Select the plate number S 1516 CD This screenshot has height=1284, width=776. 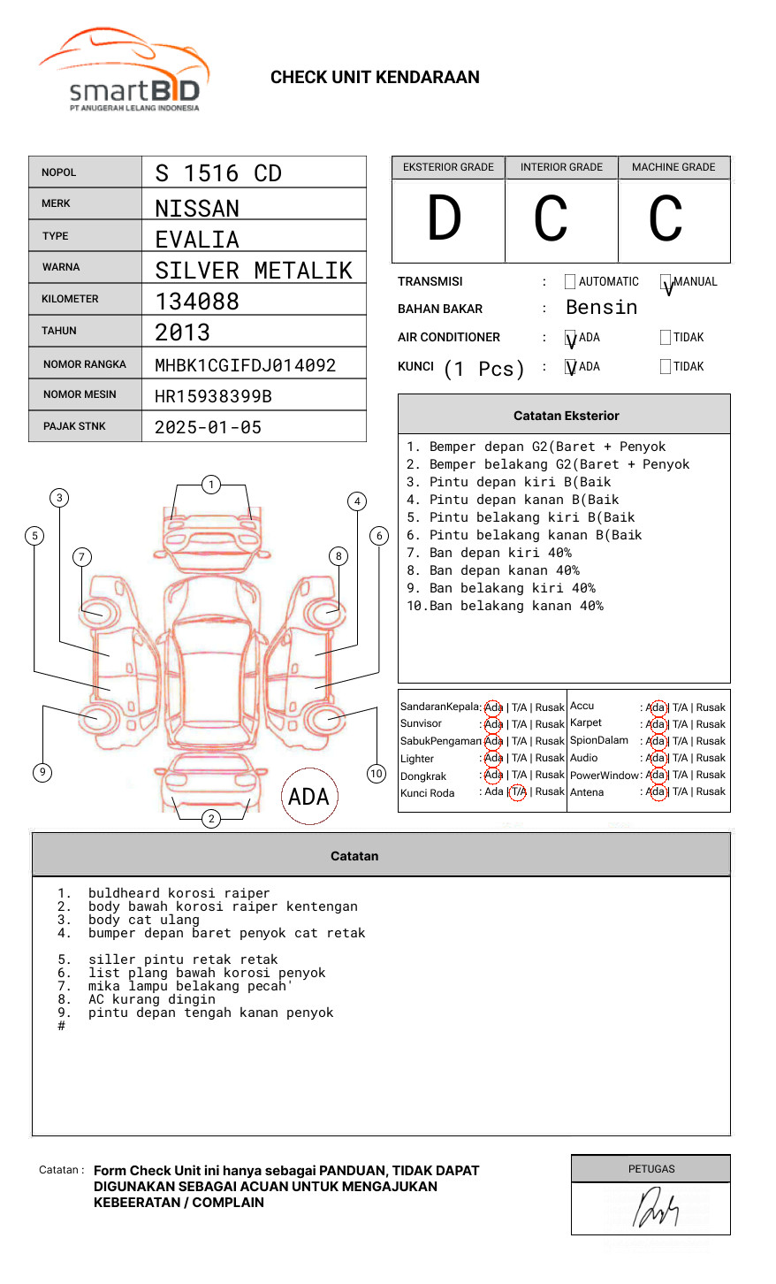(x=217, y=173)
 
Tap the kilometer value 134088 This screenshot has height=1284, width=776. (x=197, y=302)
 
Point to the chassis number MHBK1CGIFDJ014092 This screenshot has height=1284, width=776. (x=245, y=365)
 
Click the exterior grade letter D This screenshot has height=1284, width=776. (x=445, y=218)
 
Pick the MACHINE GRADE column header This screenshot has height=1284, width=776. (x=673, y=167)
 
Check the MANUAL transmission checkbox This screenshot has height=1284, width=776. (x=666, y=282)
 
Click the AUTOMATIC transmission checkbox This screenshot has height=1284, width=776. (x=570, y=282)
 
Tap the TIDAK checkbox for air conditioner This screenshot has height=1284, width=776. (x=666, y=337)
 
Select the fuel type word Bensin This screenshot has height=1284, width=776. (x=601, y=308)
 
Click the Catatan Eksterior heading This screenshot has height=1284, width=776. (x=566, y=416)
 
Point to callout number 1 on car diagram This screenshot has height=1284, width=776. (x=210, y=485)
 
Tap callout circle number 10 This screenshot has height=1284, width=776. (x=377, y=774)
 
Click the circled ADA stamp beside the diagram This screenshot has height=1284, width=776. (x=308, y=797)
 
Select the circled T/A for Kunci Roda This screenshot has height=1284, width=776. (x=518, y=792)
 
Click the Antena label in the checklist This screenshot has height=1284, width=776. (x=587, y=792)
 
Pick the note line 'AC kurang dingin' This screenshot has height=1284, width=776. (x=151, y=999)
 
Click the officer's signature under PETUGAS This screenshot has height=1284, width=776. (x=655, y=1209)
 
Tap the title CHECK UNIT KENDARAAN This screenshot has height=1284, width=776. (x=375, y=78)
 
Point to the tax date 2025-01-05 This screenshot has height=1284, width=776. (x=208, y=427)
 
